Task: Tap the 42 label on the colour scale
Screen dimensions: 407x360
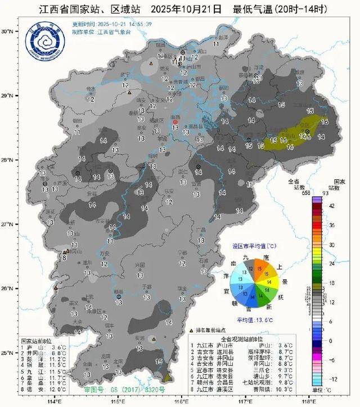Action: (x=331, y=206)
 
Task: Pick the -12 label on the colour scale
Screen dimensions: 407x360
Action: (x=332, y=379)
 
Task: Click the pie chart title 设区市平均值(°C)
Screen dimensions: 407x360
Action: (x=255, y=246)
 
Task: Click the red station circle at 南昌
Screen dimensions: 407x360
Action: (x=174, y=121)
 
